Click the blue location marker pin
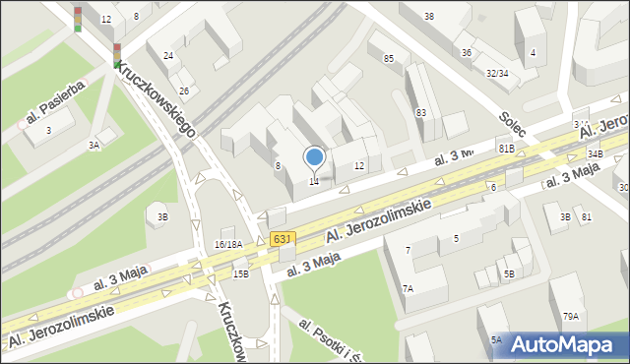pos(315,157)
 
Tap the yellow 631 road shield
pos(283,239)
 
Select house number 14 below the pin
pos(314,181)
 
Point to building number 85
pos(389,59)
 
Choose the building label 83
pos(421,113)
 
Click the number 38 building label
pos(428,17)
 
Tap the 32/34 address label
pos(497,74)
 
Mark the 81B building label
pos(506,148)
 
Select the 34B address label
pos(595,154)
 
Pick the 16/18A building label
pos(228,244)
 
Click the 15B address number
pos(240,273)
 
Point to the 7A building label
pos(408,288)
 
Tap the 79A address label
pos(570,316)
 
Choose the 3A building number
pos(94,146)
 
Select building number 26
pos(183,91)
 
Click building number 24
pos(168,56)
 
